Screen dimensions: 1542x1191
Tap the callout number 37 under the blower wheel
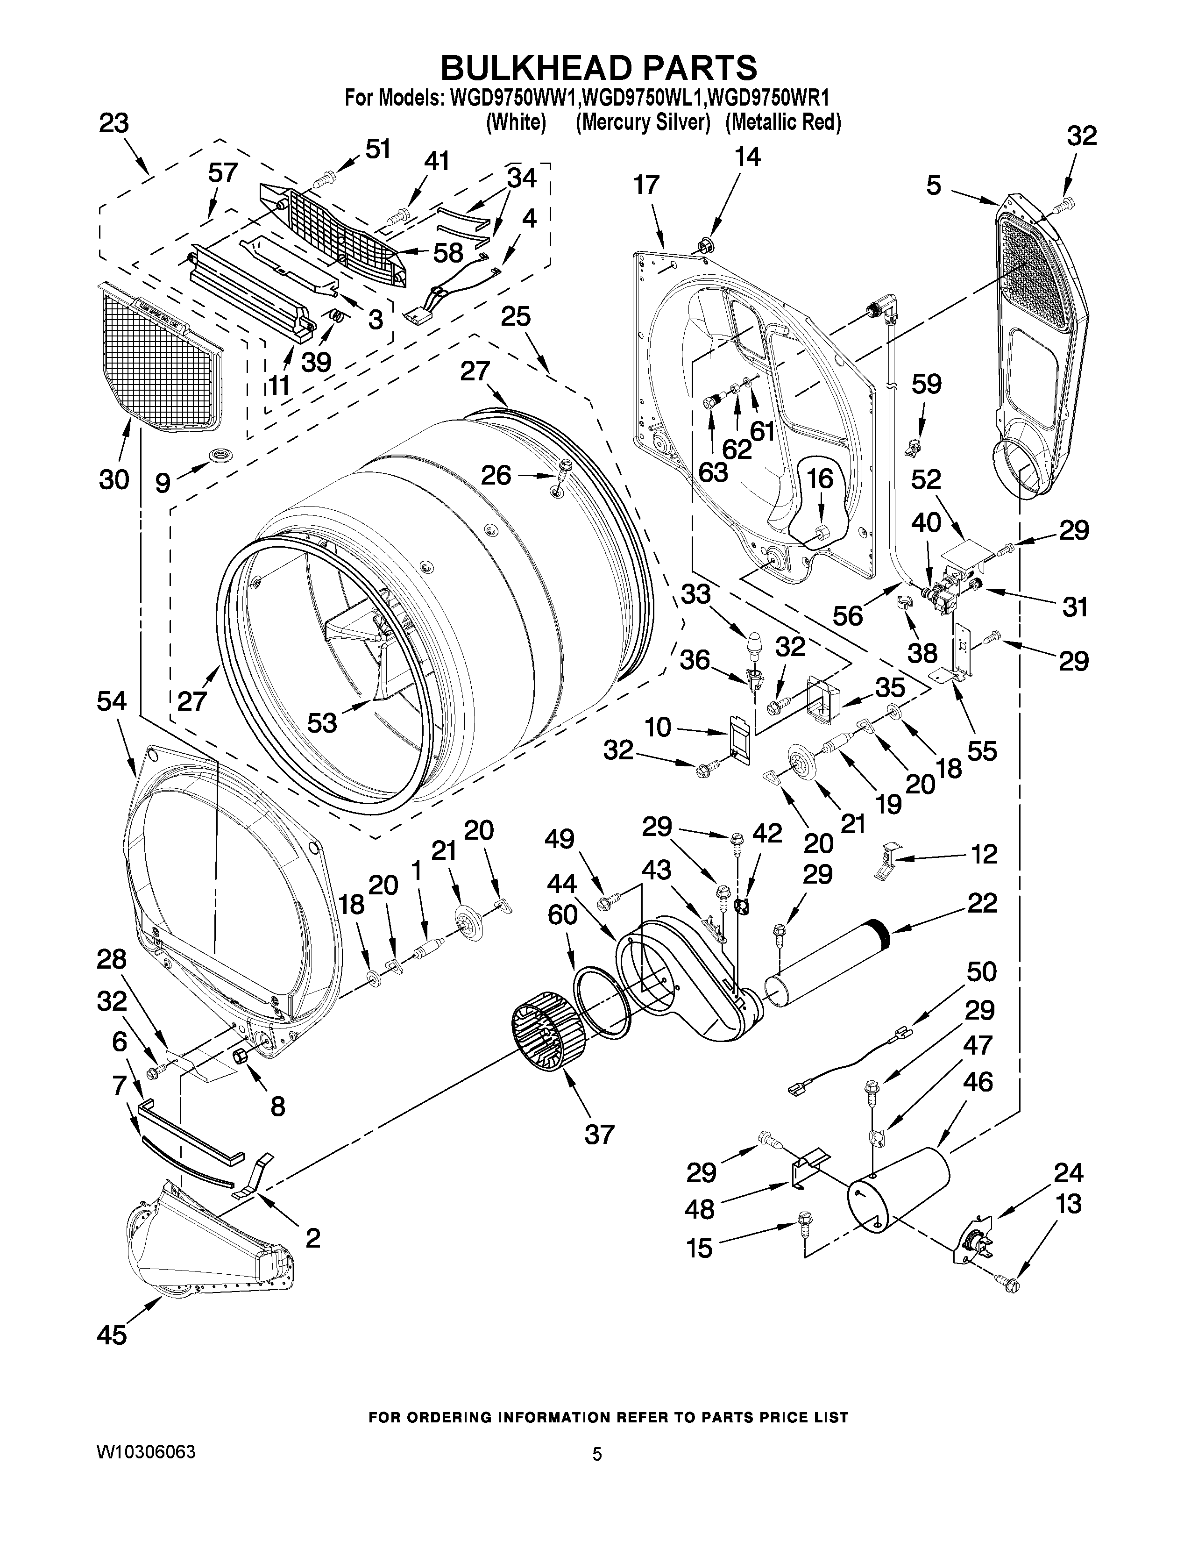(599, 1134)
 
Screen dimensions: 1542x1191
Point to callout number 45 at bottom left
(112, 1335)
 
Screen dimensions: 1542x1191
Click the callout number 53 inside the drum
(322, 722)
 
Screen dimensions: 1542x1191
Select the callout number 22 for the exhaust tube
(983, 903)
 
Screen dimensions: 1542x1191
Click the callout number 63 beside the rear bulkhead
(713, 471)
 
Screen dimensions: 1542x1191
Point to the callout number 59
(927, 384)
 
